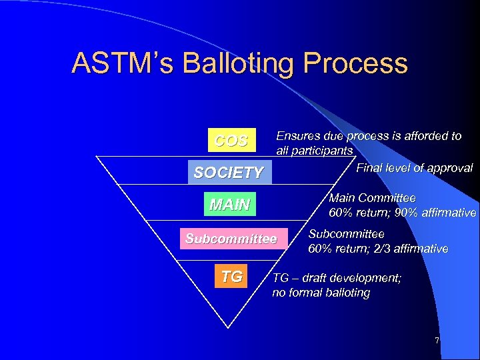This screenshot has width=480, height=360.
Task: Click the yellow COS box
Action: [231, 141]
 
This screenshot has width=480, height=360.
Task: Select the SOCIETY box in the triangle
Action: [228, 173]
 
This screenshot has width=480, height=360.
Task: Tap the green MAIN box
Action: [229, 205]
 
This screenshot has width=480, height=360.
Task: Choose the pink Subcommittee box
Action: [231, 239]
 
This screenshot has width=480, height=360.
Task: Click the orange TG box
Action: [231, 277]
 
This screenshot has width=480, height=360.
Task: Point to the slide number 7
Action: [437, 341]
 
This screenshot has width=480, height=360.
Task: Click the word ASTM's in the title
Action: [116, 64]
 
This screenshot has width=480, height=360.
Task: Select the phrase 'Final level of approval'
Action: [414, 168]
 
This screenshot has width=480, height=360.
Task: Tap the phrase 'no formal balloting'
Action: [321, 293]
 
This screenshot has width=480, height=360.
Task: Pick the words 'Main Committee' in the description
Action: [372, 199]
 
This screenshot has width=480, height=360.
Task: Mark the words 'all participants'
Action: [314, 151]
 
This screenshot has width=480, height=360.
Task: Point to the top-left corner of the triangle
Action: [97, 157]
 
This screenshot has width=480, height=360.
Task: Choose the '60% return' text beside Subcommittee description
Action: [337, 249]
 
